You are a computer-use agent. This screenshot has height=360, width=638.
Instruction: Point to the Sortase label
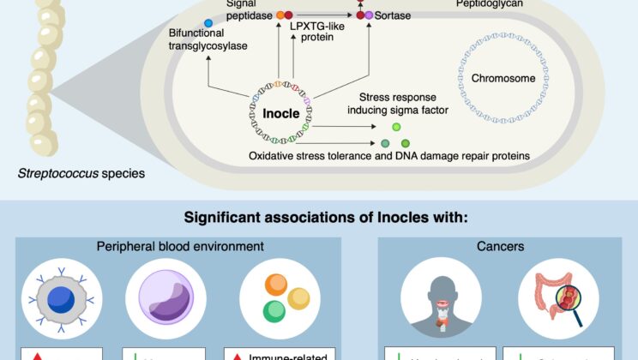click(394, 15)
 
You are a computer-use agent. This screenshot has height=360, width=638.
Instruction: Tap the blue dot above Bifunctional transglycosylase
click(208, 21)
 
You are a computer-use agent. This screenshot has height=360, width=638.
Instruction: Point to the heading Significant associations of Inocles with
click(318, 215)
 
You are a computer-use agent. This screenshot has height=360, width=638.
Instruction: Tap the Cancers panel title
click(497, 247)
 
